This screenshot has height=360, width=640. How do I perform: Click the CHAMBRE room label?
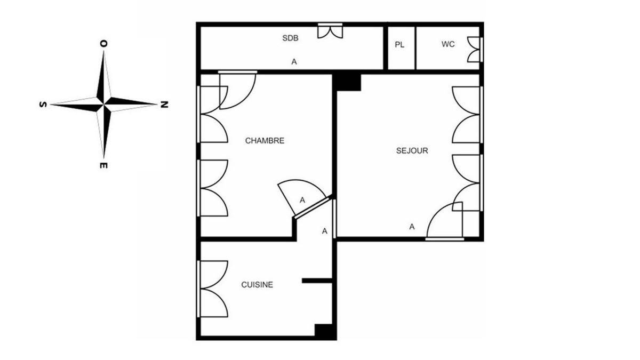point(265,141)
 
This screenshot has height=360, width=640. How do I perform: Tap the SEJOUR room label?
point(412,150)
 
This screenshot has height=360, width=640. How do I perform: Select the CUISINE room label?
point(257,285)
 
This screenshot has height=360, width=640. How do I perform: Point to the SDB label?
point(290,38)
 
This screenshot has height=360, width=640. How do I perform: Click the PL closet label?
point(399,45)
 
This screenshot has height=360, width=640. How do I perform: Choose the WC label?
point(448,44)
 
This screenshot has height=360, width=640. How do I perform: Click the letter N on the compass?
point(164,105)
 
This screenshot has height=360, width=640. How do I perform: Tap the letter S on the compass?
point(43,105)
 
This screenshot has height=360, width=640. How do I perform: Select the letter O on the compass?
point(103,43)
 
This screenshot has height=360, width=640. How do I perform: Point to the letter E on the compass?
point(103,165)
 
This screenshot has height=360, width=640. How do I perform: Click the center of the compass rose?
point(103,105)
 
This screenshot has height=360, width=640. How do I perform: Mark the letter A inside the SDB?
point(294,62)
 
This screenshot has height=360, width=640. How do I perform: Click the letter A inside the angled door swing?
point(302,201)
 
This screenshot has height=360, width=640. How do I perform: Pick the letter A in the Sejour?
point(412,227)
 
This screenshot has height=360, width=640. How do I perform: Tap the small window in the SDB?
point(330,30)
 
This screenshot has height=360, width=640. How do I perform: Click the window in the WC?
point(475,50)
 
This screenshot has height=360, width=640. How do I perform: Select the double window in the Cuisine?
point(213,289)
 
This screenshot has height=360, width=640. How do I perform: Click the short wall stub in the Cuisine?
point(317,281)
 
